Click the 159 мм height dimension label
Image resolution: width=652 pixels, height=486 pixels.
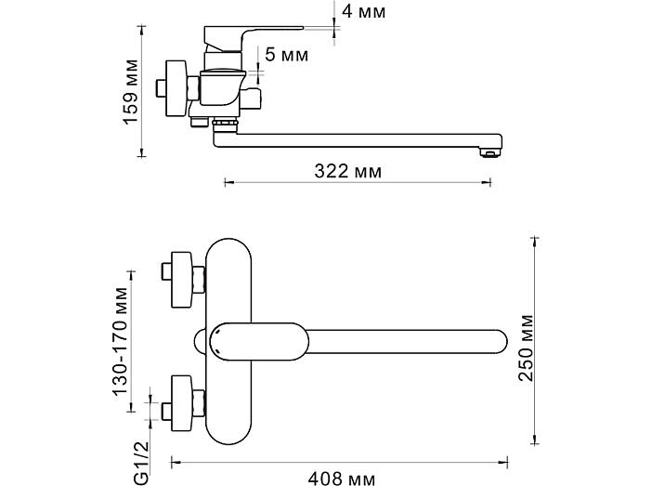130,92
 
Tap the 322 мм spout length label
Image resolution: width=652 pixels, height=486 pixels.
347,171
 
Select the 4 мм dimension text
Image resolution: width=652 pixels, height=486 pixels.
364,11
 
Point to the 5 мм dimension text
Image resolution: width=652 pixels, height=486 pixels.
287,55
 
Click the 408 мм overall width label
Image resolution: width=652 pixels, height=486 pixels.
342,478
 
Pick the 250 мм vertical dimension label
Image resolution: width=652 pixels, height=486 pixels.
526,348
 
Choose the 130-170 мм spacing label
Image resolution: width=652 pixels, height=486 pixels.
121,341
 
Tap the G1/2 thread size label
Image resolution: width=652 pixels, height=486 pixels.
141,463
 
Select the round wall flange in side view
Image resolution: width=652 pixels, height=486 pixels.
176,88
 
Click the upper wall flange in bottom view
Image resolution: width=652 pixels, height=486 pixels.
182,280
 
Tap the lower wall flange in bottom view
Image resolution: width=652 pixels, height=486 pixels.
182,403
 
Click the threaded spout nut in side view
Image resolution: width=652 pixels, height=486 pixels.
225,123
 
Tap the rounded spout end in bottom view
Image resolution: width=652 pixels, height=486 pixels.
499,342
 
